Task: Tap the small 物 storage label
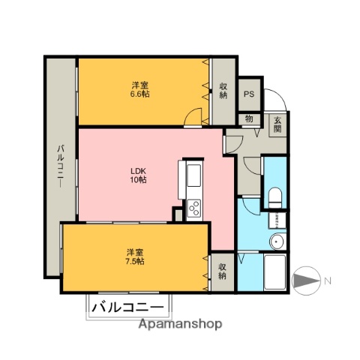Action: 249,118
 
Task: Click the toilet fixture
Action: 274,197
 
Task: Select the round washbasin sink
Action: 277,241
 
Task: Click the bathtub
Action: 275,274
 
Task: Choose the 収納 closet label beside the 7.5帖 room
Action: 223,271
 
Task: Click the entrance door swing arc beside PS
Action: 276,100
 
